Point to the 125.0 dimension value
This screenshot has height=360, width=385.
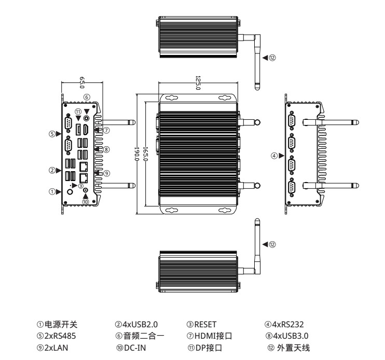point(198,83)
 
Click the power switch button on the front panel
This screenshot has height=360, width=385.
point(71,191)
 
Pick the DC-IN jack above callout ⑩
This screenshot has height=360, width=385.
point(86,191)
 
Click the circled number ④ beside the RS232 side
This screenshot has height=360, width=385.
point(273,155)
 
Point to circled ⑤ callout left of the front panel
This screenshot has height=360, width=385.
point(52,133)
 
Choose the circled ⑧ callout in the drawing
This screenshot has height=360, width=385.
point(105,149)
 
